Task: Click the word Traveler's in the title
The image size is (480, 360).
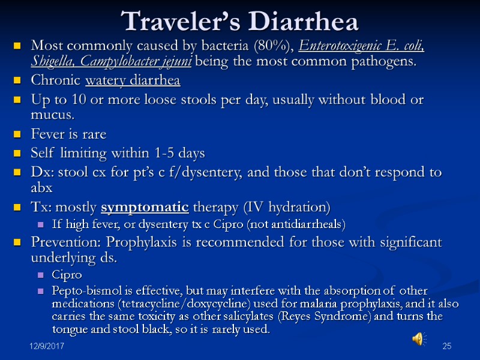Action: tap(170, 22)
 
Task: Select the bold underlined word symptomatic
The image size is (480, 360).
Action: tap(146, 208)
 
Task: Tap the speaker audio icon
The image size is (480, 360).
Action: tap(418, 340)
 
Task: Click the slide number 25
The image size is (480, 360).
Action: tap(446, 347)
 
